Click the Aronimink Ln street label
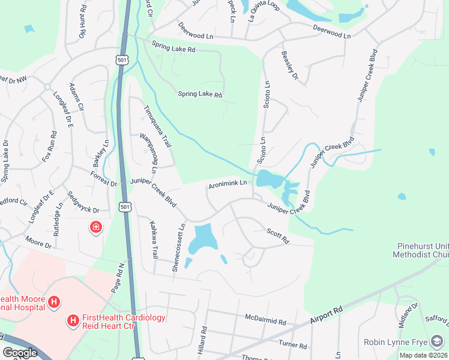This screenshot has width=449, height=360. (x=228, y=183)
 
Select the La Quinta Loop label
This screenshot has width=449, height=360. (x=265, y=9)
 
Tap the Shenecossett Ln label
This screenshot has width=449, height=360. (x=178, y=247)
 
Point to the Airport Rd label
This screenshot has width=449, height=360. (x=326, y=314)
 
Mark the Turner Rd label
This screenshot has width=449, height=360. (x=292, y=345)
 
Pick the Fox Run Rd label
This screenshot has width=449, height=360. (x=49, y=151)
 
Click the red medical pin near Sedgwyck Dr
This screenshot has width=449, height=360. (x=95, y=227)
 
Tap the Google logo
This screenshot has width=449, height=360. (x=20, y=353)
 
